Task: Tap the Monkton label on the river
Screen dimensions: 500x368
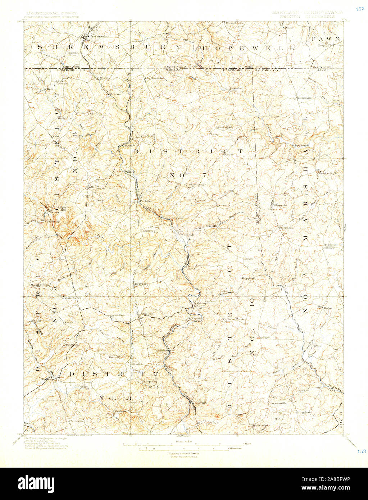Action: [x=201, y=304]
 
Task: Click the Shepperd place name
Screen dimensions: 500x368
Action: [x=248, y=278]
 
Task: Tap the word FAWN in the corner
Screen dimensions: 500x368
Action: [x=326, y=38]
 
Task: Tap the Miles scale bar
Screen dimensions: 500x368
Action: [x=183, y=444]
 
